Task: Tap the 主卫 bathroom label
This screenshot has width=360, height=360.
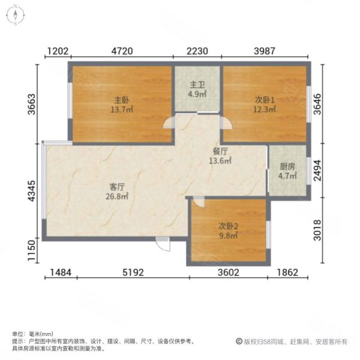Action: [197, 86]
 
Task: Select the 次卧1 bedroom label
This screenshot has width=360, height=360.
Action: [263, 100]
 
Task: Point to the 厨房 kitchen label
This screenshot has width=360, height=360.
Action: [287, 168]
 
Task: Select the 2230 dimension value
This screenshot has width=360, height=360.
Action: [197, 51]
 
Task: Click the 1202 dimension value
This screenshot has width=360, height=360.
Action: [58, 51]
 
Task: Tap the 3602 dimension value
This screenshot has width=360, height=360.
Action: [228, 273]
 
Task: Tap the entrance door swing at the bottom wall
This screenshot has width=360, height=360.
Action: [162, 244]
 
